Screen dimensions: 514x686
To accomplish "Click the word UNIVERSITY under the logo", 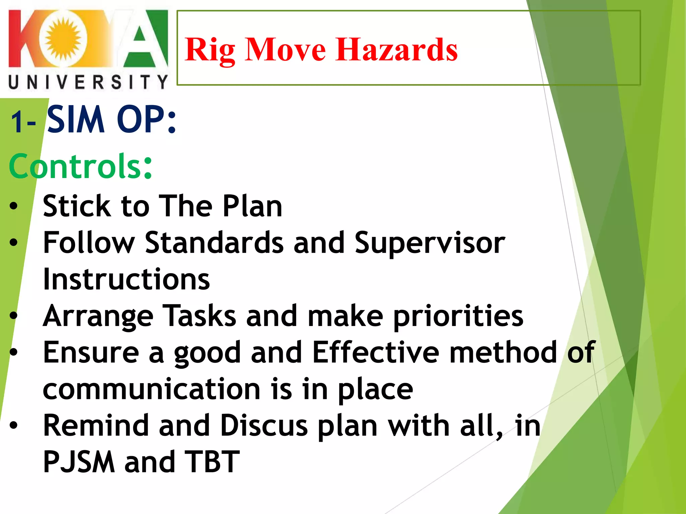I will (x=88, y=82).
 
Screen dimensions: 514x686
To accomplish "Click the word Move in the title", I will (x=285, y=50).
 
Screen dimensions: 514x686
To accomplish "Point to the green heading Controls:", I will (x=80, y=166).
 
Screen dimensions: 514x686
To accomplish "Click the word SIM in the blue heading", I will (x=76, y=120).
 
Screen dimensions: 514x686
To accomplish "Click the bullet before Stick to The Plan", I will (x=13, y=206).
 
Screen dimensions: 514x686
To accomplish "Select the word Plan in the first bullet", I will (x=253, y=206).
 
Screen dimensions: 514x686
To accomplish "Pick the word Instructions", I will (x=126, y=279).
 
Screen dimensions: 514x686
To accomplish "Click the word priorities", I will (x=458, y=317).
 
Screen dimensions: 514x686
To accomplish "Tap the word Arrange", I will (x=98, y=317).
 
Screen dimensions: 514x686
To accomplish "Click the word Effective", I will (x=375, y=352).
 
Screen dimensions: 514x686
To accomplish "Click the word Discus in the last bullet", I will (x=264, y=426).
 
